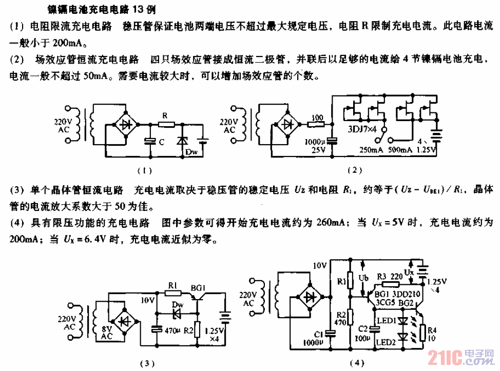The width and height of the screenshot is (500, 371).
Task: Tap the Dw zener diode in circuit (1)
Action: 180,140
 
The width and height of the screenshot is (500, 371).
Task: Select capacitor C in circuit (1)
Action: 149,141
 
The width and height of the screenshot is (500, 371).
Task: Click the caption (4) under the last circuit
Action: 355,363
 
